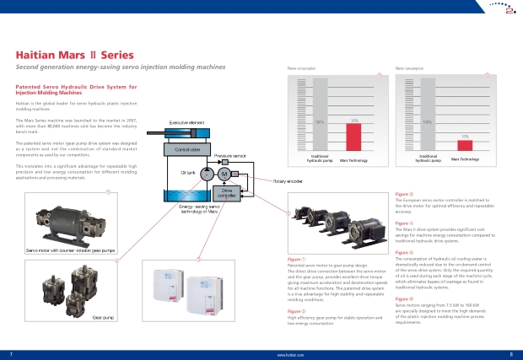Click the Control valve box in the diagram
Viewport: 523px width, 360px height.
coord(186,149)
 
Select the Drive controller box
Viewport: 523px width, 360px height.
coord(227,194)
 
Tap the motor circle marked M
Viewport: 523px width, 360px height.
coord(224,174)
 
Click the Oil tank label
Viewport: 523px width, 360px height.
coord(187,172)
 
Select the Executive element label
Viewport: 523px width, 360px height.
coord(186,124)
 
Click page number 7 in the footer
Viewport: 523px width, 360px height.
coord(10,354)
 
